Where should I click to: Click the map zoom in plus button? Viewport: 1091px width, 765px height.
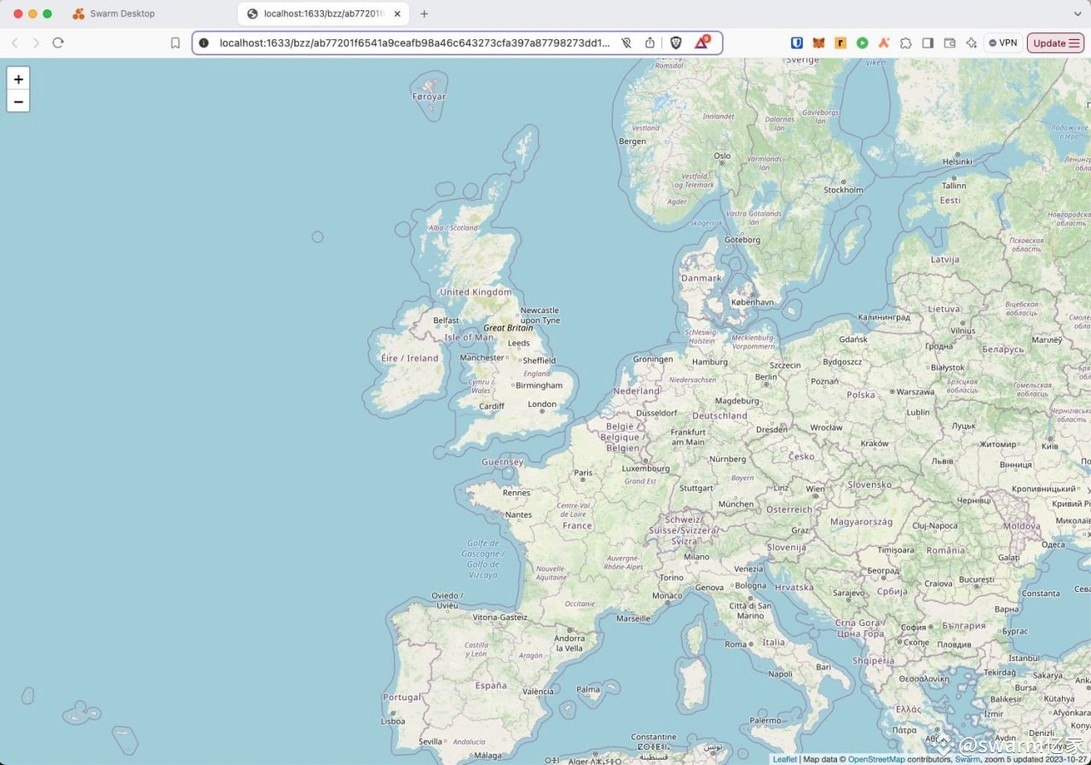[x=18, y=78]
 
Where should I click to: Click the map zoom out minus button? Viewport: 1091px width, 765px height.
[x=18, y=101]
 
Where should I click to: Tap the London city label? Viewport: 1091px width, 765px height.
[x=542, y=404]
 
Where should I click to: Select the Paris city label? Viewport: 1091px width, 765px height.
[x=583, y=472]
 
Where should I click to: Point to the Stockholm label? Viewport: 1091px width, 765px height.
[x=843, y=190]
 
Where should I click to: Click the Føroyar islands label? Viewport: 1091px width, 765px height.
[x=429, y=97]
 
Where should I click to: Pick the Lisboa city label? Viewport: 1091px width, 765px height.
[x=393, y=721]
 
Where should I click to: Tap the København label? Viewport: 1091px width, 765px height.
[x=753, y=302]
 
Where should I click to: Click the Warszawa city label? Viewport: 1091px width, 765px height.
[x=915, y=391]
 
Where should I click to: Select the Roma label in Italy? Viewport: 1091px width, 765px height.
[x=736, y=645]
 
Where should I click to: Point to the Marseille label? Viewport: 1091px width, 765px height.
[x=633, y=618]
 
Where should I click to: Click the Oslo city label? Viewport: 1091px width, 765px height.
[x=722, y=156]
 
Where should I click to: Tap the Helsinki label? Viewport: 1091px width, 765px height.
[x=957, y=162]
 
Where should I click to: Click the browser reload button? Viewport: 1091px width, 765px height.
[x=58, y=43]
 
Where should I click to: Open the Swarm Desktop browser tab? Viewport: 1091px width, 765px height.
[x=123, y=14]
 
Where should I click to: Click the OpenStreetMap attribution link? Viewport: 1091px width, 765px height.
[x=876, y=759]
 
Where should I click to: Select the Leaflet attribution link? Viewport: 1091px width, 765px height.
[x=784, y=759]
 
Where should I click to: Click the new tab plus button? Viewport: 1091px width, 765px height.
[x=424, y=14]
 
